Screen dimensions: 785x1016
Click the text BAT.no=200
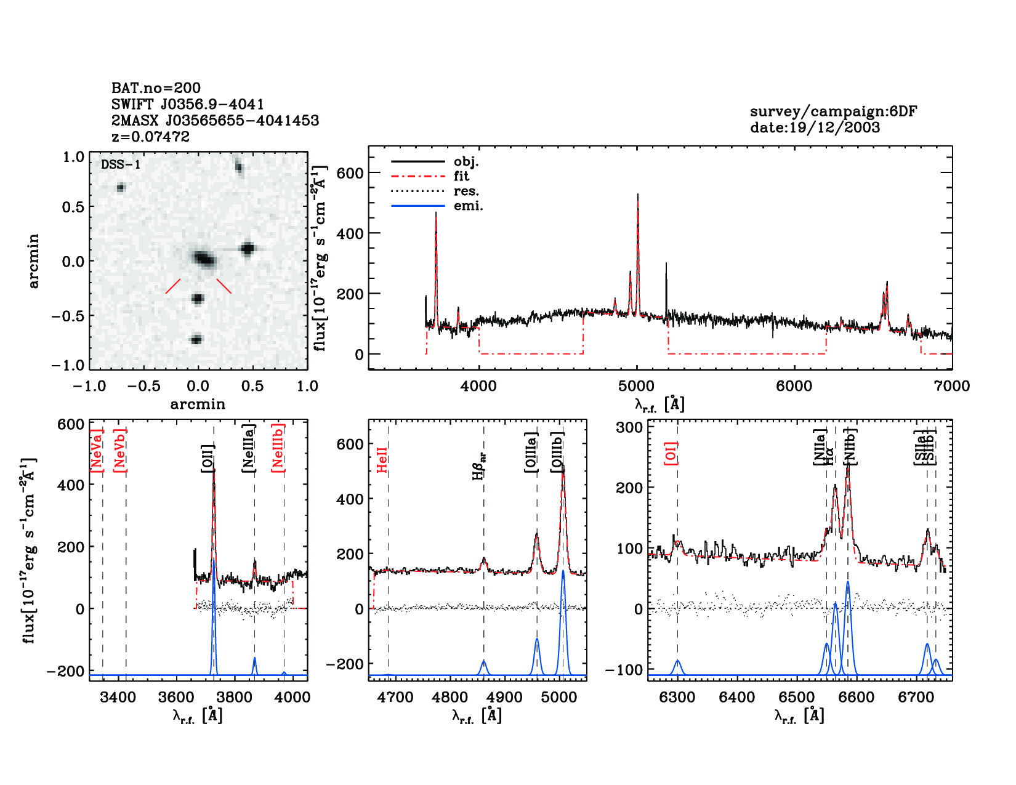tap(156, 88)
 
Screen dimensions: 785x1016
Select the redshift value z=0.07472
tap(150, 137)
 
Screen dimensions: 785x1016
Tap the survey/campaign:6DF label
tap(833, 111)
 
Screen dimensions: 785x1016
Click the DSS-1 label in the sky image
tap(121, 164)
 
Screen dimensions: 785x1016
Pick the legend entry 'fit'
tap(461, 176)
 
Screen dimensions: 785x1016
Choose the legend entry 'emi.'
tap(468, 206)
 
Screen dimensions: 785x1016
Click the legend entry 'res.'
tap(466, 191)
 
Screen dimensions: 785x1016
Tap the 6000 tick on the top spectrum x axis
tap(794, 386)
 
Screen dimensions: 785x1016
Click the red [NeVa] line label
tap(96, 451)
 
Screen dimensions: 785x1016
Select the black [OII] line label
tap(208, 458)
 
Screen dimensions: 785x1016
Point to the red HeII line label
tap(382, 459)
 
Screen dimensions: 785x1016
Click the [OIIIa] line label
tap(531, 452)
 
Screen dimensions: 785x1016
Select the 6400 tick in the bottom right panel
tap(737, 697)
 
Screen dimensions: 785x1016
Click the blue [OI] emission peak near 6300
tap(677, 661)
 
